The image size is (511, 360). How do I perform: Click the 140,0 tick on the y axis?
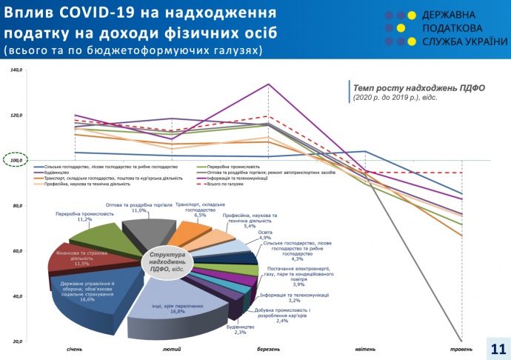click(x=17, y=70)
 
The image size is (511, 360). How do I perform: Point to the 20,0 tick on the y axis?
click(x=17, y=341)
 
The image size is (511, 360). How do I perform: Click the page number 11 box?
click(x=497, y=348)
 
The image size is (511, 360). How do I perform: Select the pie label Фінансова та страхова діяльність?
click(x=81, y=259)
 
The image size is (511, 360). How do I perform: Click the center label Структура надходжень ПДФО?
click(x=167, y=261)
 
